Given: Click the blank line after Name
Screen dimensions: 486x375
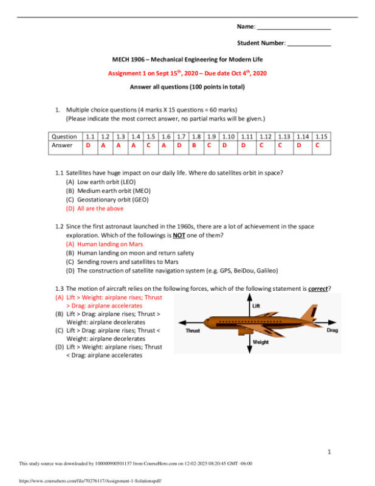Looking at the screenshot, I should click(294, 28).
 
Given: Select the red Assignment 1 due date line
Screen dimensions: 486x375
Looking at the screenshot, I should click(187, 73).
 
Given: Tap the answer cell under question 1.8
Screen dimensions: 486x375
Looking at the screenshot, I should click(194, 145).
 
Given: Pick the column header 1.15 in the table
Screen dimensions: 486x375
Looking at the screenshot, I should click(322, 137).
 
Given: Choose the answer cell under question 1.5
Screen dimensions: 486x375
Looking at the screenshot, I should click(148, 145).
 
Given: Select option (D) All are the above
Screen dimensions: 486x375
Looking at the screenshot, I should click(94, 208).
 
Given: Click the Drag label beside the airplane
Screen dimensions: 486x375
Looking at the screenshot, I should click(332, 330).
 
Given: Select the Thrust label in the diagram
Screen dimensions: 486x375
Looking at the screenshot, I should click(192, 331).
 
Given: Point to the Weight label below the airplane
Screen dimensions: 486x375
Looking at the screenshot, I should click(260, 342).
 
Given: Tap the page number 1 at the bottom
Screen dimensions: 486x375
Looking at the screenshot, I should click(329, 452).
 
